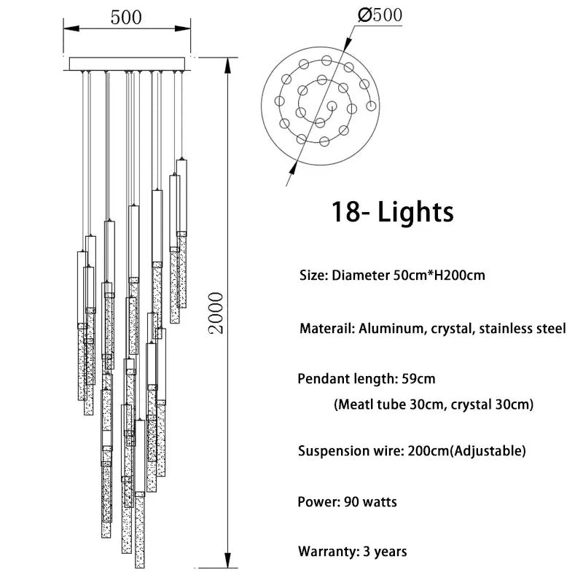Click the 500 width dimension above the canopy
(126, 17)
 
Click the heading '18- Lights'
(392, 211)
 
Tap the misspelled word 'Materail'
(326, 329)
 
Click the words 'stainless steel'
(522, 329)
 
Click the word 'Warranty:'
(328, 552)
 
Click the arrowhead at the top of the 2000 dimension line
(229, 63)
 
